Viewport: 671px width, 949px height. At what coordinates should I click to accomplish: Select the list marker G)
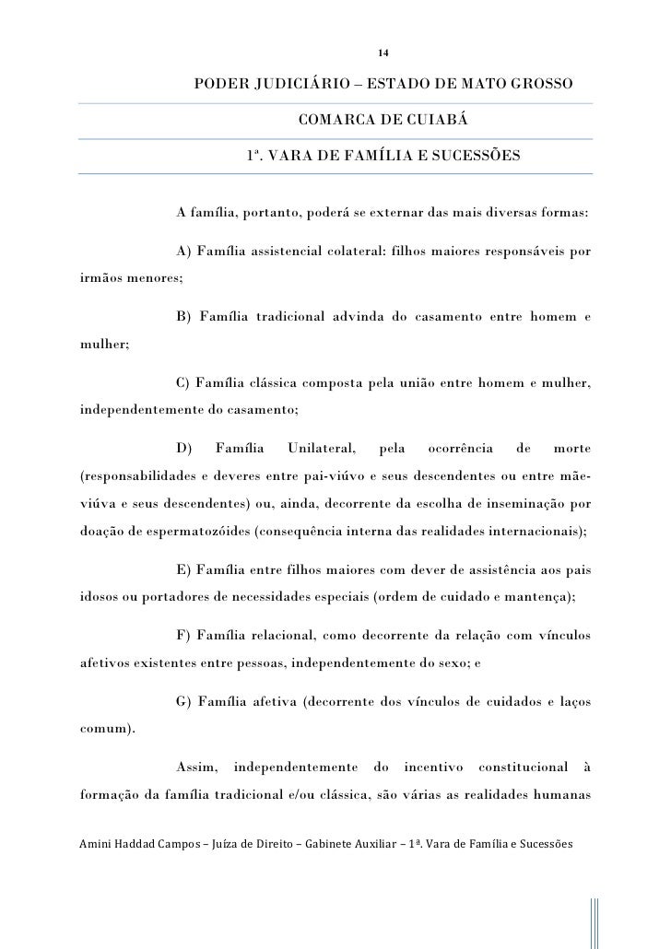182,705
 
